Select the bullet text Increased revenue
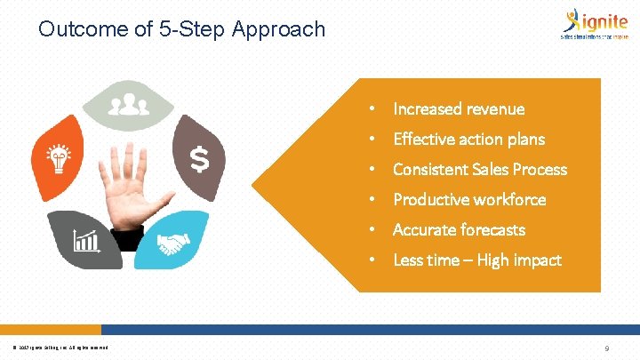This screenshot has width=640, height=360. (459, 109)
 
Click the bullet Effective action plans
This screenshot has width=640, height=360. (468, 140)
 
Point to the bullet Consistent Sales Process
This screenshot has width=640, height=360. (479, 170)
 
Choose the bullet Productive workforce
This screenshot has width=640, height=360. (469, 200)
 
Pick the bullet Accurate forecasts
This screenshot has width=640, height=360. (459, 230)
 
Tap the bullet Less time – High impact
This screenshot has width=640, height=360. (476, 260)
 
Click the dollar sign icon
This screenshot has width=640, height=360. (201, 161)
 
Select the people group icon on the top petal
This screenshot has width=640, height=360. (129, 105)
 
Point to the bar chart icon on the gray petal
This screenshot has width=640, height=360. (87, 240)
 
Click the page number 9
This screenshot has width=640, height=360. (606, 349)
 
